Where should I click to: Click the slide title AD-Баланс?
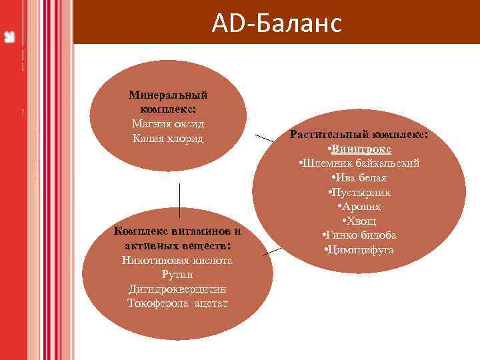click(x=276, y=24)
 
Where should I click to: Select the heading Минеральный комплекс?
click(x=168, y=102)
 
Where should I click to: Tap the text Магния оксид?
click(x=168, y=124)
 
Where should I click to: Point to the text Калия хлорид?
click(x=168, y=138)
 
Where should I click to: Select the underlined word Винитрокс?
click(x=361, y=149)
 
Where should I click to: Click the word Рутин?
click(x=177, y=275)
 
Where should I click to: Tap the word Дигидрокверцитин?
click(x=177, y=289)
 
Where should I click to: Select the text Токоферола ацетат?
click(x=177, y=303)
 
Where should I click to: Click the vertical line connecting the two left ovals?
click(x=179, y=200)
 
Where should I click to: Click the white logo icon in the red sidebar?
click(x=9, y=36)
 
